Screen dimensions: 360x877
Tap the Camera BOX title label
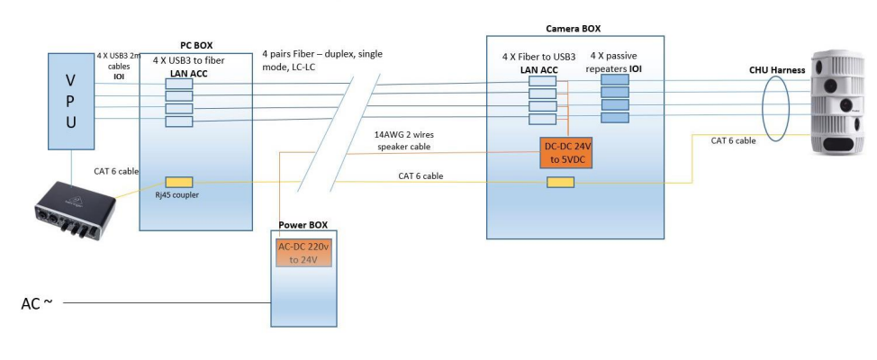click(x=574, y=29)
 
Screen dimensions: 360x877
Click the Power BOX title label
click(x=303, y=222)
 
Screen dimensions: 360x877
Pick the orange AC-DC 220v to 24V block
click(x=304, y=253)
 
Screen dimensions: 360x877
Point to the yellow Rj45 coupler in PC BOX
click(x=178, y=182)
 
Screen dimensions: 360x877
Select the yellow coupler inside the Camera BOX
click(x=561, y=184)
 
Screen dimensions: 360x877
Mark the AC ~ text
click(x=40, y=303)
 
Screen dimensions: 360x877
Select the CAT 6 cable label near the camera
click(x=732, y=140)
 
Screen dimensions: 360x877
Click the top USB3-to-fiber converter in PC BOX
click(x=178, y=82)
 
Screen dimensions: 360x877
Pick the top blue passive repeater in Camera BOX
click(x=614, y=80)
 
